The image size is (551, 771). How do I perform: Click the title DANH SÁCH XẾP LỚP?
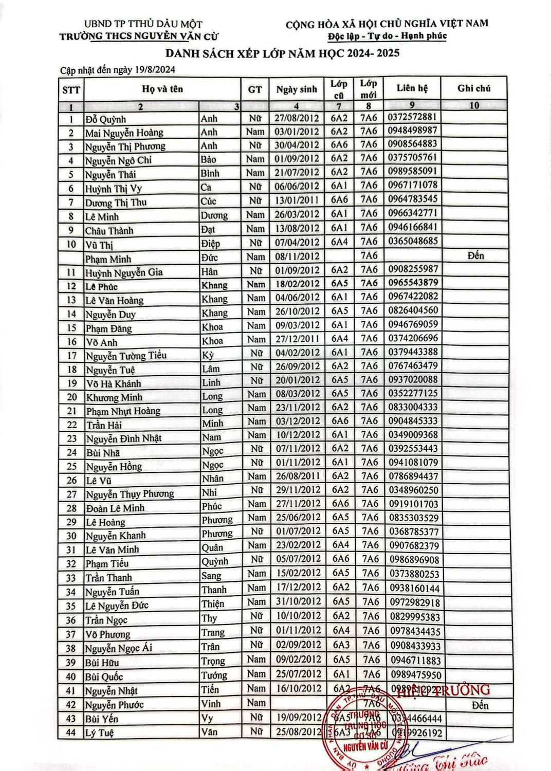click(x=282, y=53)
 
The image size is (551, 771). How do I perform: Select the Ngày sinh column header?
click(x=297, y=89)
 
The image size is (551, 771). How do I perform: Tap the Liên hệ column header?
click(x=412, y=88)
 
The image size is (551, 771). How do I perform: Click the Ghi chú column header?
click(x=474, y=88)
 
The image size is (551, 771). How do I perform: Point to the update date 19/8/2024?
click(x=155, y=70)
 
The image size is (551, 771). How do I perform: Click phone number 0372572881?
click(x=412, y=117)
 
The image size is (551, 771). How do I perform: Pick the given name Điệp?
click(x=210, y=244)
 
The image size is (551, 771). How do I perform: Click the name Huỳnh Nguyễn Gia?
click(x=124, y=272)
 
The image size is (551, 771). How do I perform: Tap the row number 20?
click(x=71, y=397)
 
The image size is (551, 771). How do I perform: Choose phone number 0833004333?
click(x=413, y=407)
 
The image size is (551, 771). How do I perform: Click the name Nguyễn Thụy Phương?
click(x=130, y=494)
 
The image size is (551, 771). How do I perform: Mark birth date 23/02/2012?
click(x=298, y=545)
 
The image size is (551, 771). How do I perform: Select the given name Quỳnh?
click(x=214, y=561)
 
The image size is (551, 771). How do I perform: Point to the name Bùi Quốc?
click(x=104, y=677)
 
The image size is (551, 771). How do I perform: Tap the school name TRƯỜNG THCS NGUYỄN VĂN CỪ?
click(x=139, y=36)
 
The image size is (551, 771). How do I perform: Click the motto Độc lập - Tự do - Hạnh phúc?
click(x=387, y=36)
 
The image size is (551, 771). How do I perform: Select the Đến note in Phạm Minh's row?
click(x=475, y=255)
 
